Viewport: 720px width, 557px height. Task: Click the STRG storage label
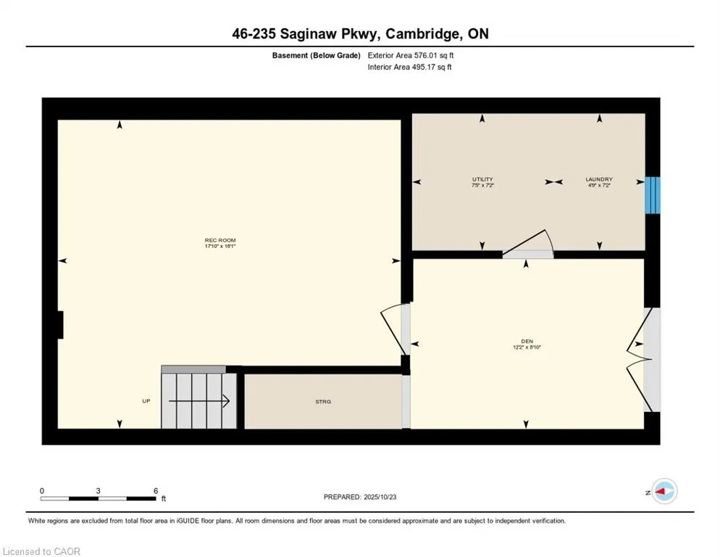(x=323, y=401)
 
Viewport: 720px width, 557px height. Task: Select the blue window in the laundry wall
(x=653, y=195)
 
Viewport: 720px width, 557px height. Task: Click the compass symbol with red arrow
(x=664, y=492)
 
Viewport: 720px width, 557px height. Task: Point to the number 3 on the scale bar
(x=98, y=490)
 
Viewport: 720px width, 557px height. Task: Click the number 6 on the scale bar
(x=155, y=490)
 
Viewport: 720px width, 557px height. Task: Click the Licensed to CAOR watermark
(x=41, y=551)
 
